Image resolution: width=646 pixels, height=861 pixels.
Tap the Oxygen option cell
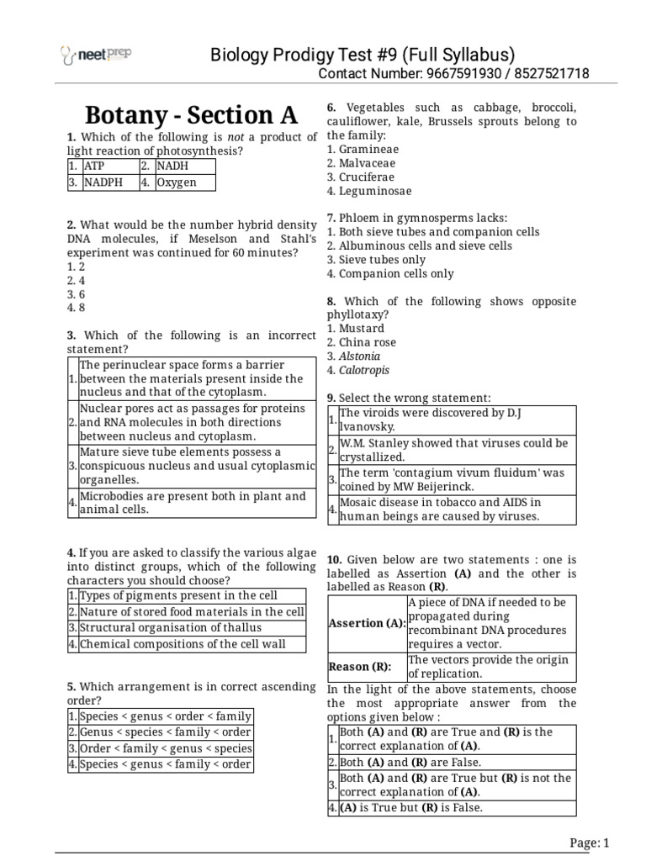pyautogui.click(x=184, y=182)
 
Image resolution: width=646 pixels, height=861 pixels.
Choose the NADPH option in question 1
pyautogui.click(x=109, y=182)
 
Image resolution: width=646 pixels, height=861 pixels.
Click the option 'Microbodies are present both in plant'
pyautogui.click(x=192, y=502)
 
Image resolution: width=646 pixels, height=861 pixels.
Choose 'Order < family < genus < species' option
pyautogui.click(x=165, y=748)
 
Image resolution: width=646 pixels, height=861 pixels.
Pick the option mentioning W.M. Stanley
pyautogui.click(x=453, y=450)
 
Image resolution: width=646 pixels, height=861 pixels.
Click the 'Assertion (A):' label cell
pyautogui.click(x=367, y=624)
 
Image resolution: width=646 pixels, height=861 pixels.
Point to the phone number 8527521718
pyautogui.click(x=550, y=74)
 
